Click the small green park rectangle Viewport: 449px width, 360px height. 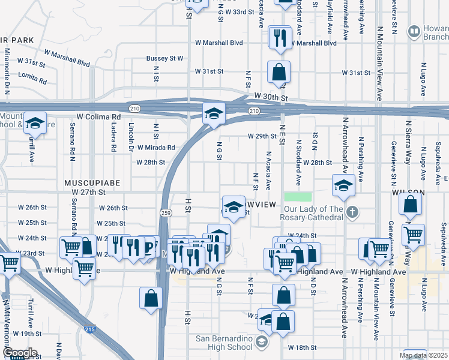(x=298, y=197)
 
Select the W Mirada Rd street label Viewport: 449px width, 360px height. (x=156, y=147)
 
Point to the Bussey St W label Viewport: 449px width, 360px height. (x=164, y=59)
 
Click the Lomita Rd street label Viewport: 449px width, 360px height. (x=32, y=77)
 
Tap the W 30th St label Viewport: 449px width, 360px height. (x=271, y=97)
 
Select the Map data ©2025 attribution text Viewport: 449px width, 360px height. (x=423, y=356)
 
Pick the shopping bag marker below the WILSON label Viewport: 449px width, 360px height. (x=410, y=206)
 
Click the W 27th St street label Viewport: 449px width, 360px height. (x=88, y=192)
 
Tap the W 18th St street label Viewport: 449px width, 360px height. (x=301, y=347)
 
